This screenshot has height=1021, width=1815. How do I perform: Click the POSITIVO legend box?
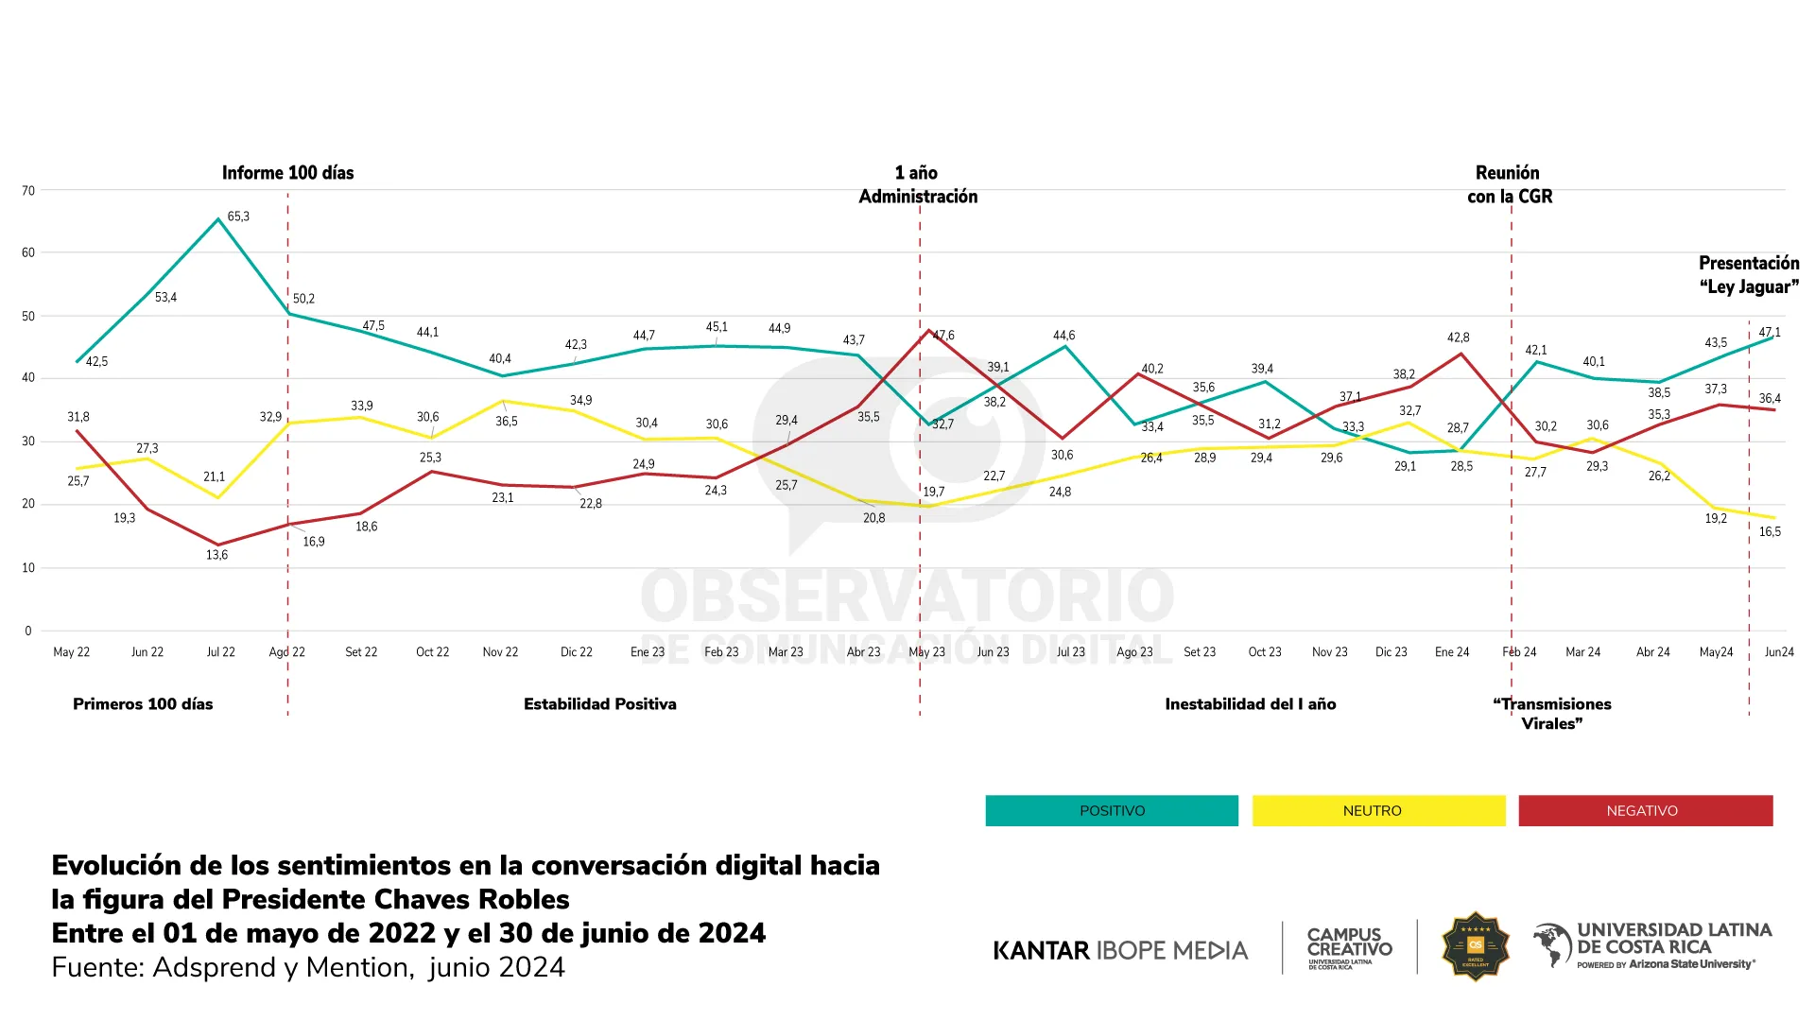[1112, 811]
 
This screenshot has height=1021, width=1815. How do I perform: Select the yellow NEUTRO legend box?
[1378, 811]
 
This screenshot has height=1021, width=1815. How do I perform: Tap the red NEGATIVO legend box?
[1645, 811]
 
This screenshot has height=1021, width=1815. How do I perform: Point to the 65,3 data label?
[238, 216]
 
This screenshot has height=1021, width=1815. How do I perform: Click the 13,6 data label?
[216, 555]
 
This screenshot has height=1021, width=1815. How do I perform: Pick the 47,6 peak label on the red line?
[944, 336]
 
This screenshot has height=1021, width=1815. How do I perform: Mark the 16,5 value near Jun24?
[1770, 532]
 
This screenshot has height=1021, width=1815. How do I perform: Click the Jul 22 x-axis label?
[220, 652]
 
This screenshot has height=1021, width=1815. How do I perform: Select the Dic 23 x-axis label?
[1391, 652]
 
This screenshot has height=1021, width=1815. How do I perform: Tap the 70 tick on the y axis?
[28, 191]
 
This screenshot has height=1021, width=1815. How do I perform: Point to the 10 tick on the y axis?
[28, 568]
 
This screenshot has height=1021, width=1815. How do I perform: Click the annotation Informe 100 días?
[287, 173]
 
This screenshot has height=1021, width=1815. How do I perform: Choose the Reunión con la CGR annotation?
[1509, 184]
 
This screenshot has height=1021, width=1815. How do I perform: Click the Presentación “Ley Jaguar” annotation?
[1749, 275]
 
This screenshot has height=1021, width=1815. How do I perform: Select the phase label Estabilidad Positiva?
[599, 704]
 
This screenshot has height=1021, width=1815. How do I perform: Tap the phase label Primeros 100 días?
[143, 704]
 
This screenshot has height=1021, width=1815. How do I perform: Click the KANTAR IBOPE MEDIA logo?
[1120, 950]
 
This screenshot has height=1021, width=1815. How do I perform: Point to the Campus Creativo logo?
[1349, 946]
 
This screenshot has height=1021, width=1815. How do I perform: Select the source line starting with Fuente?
[308, 968]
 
